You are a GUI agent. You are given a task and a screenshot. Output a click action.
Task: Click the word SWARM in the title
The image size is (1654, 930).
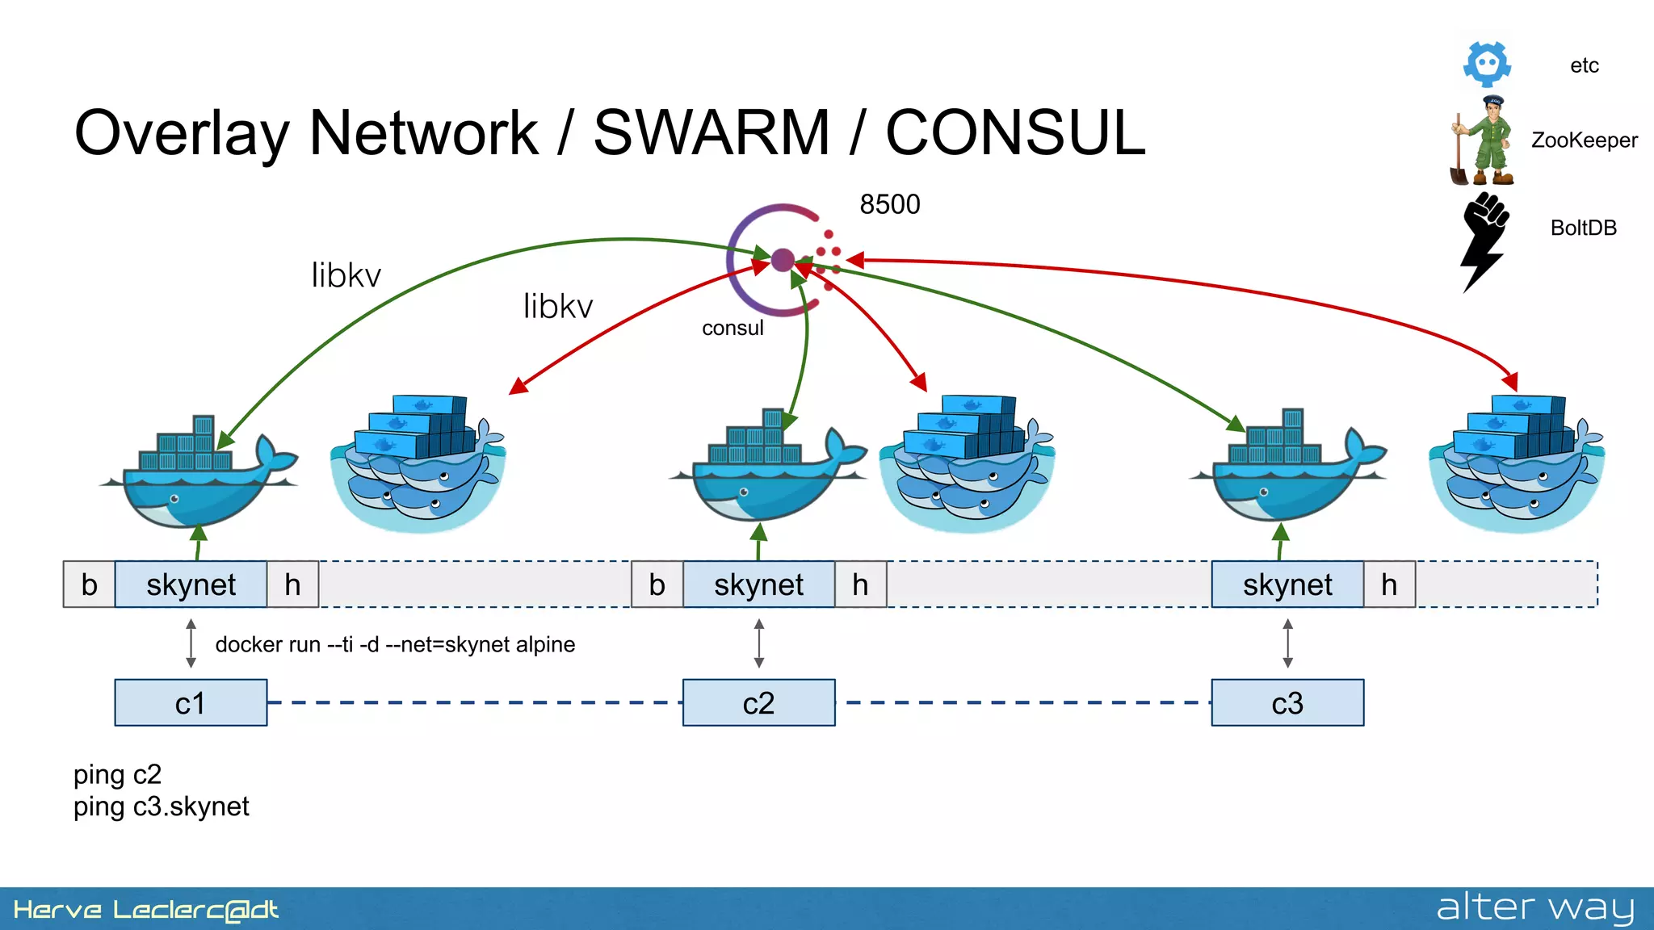click(712, 133)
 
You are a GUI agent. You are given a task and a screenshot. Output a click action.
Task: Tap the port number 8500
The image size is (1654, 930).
click(889, 204)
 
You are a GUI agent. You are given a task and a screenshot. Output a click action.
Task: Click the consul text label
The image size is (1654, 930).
click(732, 328)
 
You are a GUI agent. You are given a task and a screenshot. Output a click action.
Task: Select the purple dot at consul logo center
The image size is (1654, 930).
click(782, 260)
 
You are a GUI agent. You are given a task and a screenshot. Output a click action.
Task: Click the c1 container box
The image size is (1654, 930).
click(191, 702)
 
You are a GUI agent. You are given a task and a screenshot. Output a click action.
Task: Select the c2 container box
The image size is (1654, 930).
click(758, 702)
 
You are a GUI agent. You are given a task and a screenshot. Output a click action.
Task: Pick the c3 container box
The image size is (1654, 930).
click(1287, 702)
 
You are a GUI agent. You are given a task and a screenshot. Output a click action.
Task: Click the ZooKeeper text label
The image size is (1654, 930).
click(1584, 140)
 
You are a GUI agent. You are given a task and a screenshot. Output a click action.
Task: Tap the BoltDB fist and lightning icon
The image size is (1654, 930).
click(1484, 241)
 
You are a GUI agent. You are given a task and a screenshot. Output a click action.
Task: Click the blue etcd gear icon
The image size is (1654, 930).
click(1487, 64)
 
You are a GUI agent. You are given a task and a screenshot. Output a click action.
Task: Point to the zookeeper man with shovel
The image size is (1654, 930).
click(1484, 141)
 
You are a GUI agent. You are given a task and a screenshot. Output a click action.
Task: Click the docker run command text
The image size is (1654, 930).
click(395, 644)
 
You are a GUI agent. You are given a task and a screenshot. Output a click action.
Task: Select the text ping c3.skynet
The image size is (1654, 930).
click(161, 806)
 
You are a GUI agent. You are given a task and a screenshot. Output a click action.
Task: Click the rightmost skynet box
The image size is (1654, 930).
click(1287, 584)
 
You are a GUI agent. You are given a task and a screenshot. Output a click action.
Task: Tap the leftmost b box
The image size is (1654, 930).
click(89, 584)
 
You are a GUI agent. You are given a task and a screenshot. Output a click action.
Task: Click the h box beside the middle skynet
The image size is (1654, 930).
click(860, 584)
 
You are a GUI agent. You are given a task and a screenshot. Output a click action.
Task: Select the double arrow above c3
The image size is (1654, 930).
click(1287, 643)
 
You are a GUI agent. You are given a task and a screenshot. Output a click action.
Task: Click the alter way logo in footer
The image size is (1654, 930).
click(1534, 907)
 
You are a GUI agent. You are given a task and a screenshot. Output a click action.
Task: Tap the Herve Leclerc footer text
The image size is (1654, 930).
click(145, 910)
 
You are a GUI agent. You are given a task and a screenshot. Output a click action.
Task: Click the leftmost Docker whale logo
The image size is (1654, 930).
click(198, 472)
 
